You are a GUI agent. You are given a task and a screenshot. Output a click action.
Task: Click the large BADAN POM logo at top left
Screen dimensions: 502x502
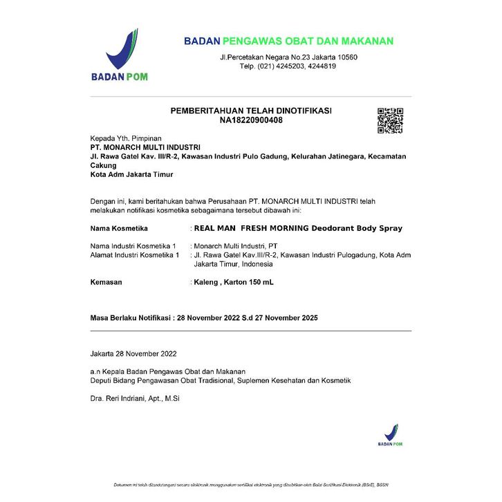click(119, 55)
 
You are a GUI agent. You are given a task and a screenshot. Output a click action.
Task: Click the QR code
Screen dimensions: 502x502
click(390, 120)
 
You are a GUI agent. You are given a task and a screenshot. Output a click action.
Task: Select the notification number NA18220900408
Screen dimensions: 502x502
click(251, 120)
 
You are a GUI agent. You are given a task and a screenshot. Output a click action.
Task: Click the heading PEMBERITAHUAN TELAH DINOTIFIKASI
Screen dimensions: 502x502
click(251, 111)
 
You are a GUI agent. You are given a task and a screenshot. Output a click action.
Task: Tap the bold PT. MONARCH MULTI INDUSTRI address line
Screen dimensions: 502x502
click(145, 147)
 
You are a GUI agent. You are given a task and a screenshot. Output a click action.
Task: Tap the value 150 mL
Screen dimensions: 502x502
click(259, 282)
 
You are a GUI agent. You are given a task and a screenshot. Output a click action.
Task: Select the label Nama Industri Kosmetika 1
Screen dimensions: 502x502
click(133, 246)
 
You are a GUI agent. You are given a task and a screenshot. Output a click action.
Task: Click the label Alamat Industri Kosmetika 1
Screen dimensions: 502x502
click(135, 255)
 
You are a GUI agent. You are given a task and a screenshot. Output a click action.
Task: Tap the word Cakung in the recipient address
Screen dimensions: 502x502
click(104, 166)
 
